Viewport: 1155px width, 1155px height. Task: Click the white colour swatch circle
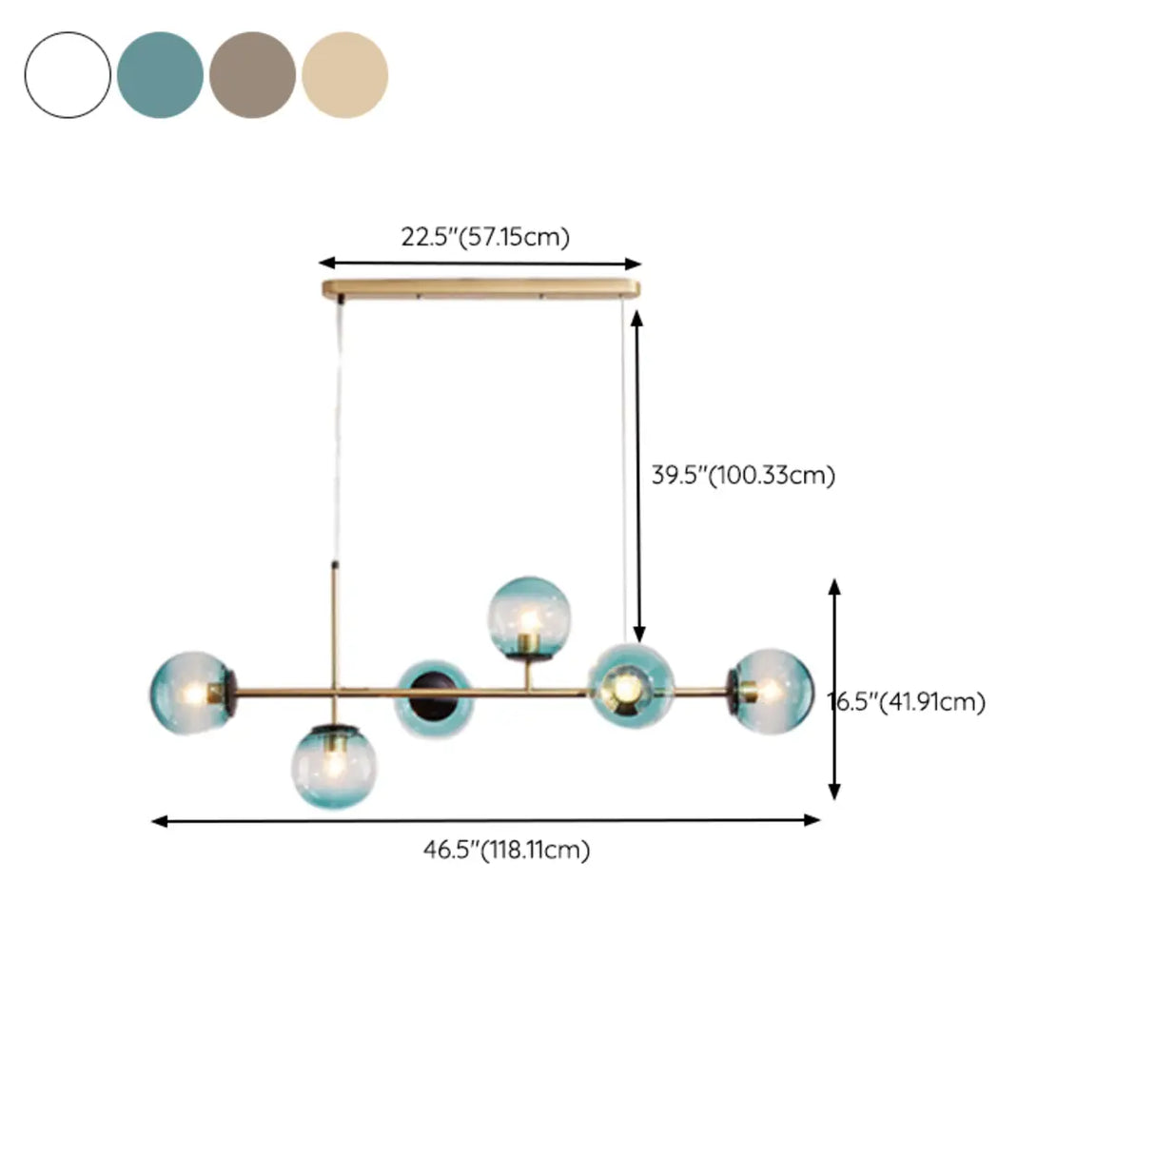coord(68,75)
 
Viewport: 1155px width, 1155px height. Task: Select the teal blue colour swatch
coord(160,75)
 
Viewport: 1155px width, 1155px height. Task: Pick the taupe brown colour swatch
coord(252,75)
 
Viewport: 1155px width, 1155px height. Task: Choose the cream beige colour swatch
coord(344,75)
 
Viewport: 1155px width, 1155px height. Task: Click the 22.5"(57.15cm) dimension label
coord(484,237)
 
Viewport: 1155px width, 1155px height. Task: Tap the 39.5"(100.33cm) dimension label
coord(743,475)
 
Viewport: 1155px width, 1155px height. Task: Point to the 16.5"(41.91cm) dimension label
coord(908,702)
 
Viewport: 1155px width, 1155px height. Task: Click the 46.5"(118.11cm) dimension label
coord(506,850)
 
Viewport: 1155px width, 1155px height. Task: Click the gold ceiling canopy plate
coord(481,289)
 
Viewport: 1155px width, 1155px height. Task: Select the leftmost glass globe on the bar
coord(190,693)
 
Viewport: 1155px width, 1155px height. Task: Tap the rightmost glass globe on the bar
coord(773,691)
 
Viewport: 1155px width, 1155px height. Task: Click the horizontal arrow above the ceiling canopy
coord(480,264)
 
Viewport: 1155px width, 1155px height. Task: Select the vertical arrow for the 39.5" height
coord(638,476)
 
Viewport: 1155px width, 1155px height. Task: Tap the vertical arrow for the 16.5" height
coord(834,689)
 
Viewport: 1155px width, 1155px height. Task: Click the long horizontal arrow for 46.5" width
coord(485,820)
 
